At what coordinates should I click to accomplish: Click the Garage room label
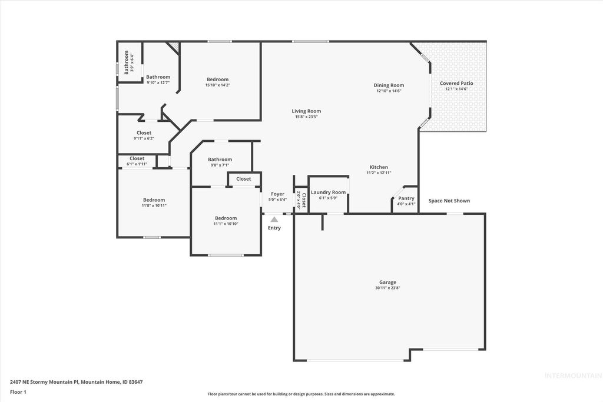(387, 282)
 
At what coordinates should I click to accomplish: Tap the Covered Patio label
(456, 84)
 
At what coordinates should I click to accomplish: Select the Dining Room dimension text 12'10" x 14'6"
(389, 91)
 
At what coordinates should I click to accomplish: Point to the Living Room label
(306, 111)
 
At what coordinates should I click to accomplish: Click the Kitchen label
(379, 167)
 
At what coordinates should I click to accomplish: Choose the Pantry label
(406, 198)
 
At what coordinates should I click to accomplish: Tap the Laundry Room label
(328, 192)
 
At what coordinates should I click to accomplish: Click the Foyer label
(277, 194)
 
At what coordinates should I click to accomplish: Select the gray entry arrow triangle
(274, 219)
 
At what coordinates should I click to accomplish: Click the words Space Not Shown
(449, 201)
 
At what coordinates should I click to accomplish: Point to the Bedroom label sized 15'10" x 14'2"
(217, 79)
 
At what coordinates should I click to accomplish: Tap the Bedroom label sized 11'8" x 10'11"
(154, 200)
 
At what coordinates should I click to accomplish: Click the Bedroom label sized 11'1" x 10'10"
(226, 218)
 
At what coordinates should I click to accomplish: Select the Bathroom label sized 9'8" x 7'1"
(220, 160)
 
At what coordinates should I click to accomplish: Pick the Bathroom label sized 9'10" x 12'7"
(158, 77)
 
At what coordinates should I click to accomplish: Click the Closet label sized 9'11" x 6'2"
(144, 133)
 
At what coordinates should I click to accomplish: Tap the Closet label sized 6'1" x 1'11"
(137, 158)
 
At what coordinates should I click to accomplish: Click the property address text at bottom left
(76, 381)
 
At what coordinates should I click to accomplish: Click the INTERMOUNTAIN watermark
(573, 376)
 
